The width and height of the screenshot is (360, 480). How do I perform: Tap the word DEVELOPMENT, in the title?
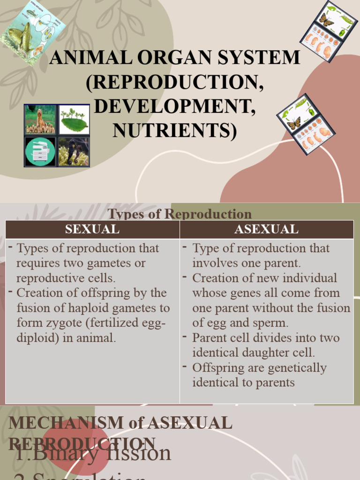coord(175,106)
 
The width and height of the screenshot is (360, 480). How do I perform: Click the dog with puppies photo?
coord(40,119)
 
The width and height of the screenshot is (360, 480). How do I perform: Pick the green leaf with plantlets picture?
coord(74,119)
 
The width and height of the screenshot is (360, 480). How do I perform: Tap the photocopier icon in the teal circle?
coord(40,151)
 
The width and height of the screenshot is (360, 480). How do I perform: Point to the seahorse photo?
coord(74,151)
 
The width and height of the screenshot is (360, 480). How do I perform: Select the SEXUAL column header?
coord(92,229)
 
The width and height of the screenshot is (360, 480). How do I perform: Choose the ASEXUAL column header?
coord(266,229)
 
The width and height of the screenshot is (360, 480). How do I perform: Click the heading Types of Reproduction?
coord(180,214)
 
